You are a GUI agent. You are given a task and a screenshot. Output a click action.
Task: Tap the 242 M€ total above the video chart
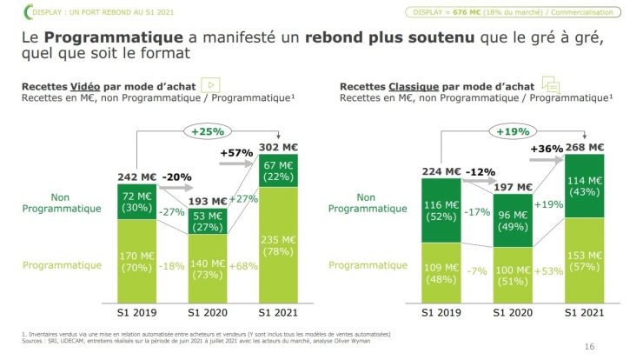[x=138, y=177]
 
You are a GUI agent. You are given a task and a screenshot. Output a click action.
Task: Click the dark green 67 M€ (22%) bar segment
[x=280, y=171]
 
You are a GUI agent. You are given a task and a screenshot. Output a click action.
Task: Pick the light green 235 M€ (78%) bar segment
[x=280, y=246]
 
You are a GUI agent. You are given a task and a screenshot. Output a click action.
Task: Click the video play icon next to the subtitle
[x=209, y=84]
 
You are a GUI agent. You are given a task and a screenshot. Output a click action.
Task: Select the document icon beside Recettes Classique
[x=549, y=84]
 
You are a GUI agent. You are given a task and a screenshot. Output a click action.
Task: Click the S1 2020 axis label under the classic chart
[x=513, y=312]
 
